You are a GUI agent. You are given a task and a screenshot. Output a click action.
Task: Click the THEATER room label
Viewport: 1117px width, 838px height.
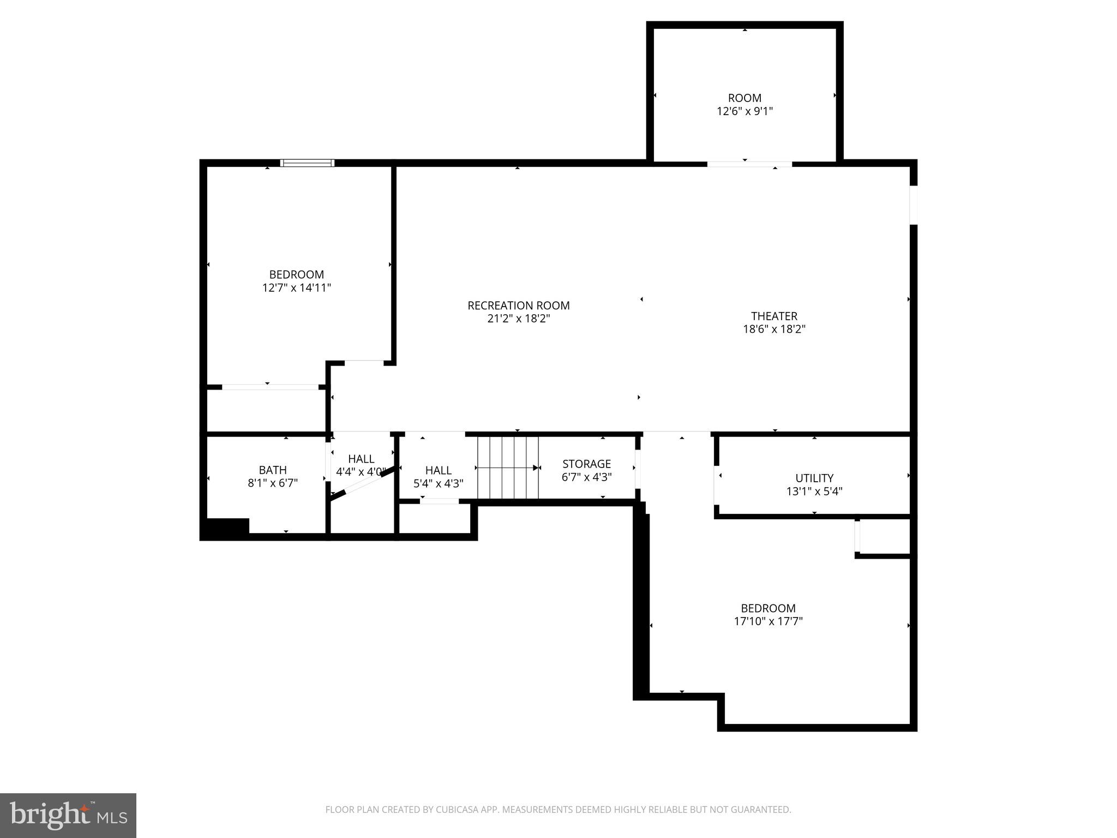[774, 316]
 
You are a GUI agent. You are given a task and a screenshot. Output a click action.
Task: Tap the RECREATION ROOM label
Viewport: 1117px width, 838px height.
[518, 306]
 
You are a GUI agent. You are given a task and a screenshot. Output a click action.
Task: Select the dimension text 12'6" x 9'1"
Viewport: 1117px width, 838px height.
[744, 111]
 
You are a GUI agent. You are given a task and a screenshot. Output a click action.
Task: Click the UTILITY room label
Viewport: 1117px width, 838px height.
[814, 478]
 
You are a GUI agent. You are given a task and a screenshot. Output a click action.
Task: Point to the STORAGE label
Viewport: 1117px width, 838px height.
[586, 464]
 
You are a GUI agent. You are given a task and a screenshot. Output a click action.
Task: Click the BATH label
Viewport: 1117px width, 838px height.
[273, 470]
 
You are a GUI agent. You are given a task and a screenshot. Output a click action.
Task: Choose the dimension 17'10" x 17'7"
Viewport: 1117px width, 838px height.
[768, 621]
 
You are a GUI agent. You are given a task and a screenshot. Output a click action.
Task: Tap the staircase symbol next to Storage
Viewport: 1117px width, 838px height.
[508, 468]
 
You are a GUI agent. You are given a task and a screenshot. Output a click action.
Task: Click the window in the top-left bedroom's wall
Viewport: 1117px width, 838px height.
[307, 163]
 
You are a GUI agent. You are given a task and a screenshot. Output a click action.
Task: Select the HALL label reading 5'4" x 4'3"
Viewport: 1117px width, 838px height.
[438, 470]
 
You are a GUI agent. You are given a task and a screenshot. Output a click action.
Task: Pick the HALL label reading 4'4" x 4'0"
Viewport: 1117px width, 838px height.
[361, 459]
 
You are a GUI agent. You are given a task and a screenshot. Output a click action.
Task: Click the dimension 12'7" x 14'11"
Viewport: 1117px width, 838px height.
[296, 288]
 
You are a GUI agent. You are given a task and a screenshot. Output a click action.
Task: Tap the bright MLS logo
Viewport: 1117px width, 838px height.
[68, 815]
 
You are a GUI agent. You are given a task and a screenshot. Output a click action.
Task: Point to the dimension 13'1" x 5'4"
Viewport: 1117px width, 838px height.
[814, 491]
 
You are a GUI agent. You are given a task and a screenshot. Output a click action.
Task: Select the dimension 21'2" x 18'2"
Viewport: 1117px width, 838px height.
[518, 319]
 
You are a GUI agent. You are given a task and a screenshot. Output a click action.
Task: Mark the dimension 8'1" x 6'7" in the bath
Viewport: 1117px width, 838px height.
[273, 483]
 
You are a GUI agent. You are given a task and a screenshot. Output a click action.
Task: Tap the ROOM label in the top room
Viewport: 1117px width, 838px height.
[744, 98]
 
